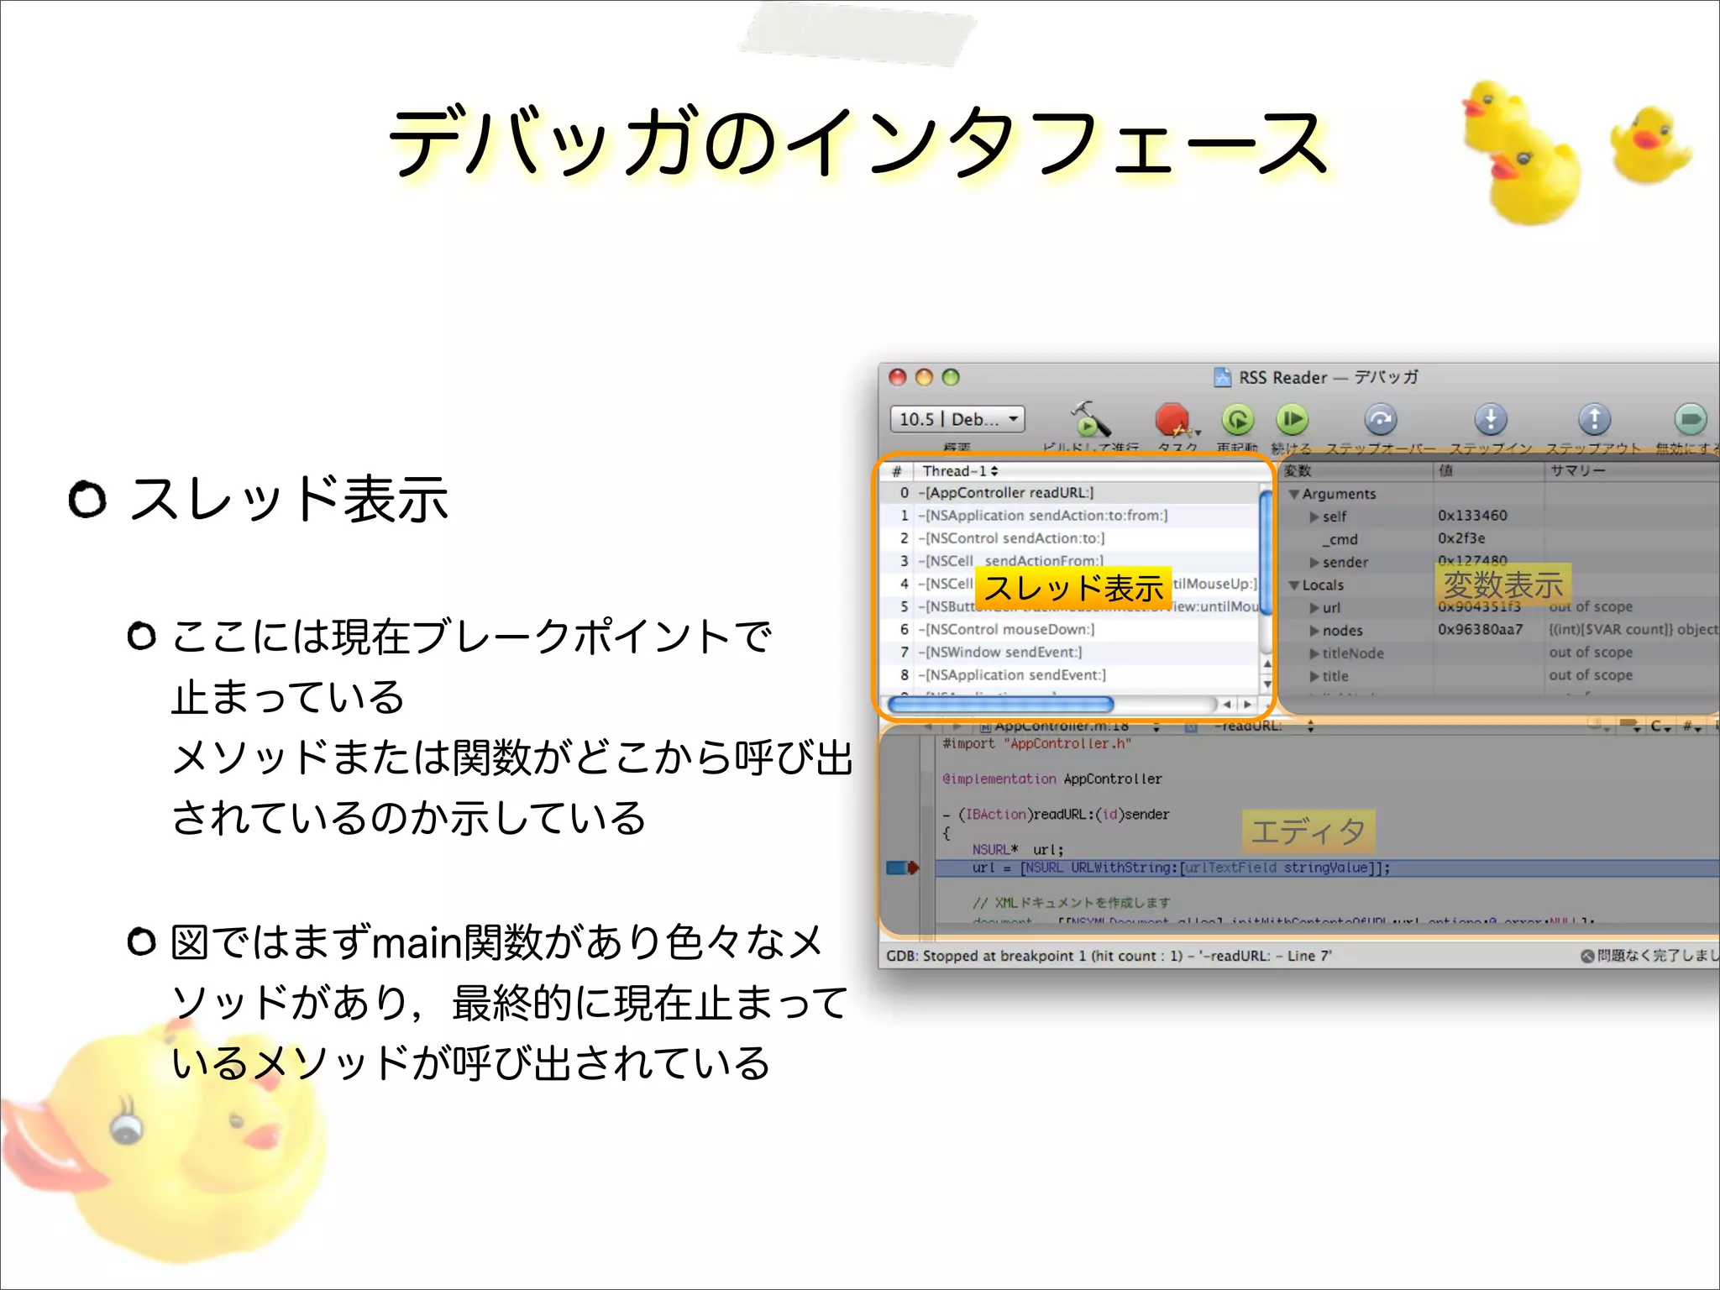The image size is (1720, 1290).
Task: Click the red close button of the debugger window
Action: point(898,377)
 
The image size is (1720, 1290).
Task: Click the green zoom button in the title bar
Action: point(951,377)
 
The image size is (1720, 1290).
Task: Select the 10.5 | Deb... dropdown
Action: point(957,418)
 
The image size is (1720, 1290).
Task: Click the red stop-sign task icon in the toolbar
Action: point(1172,419)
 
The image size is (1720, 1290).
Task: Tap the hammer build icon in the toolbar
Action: point(1089,419)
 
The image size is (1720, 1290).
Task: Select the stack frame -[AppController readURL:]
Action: point(1009,493)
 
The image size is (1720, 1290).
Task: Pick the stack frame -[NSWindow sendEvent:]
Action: point(1003,652)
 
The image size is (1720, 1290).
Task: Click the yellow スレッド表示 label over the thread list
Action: point(1073,587)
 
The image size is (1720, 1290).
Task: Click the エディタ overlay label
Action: point(1308,831)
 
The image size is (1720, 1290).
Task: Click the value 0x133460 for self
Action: point(1472,516)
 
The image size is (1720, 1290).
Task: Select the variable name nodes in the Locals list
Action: point(1342,630)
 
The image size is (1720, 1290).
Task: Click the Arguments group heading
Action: point(1339,494)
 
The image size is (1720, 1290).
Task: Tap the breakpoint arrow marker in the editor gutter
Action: point(903,868)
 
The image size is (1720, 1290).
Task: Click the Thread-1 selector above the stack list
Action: point(960,471)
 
